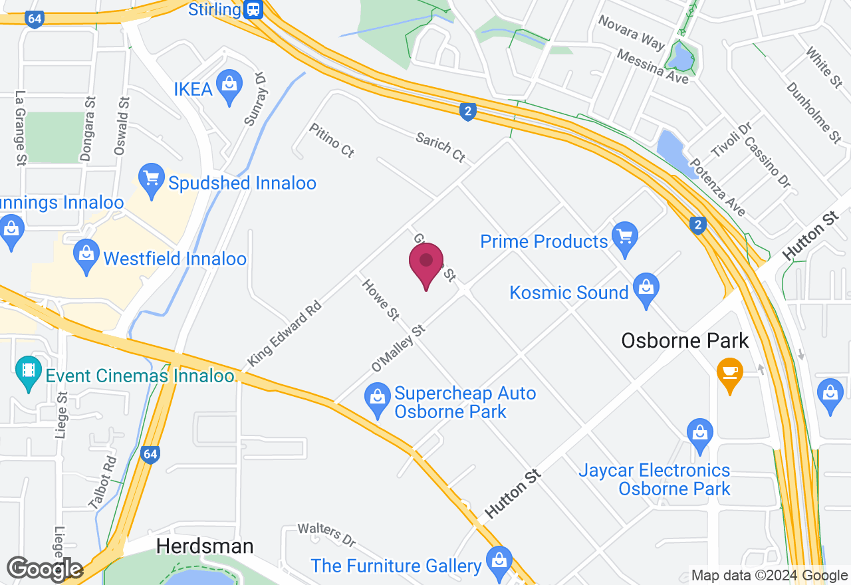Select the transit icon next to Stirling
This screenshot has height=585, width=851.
click(253, 9)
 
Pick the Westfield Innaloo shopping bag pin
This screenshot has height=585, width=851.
click(86, 255)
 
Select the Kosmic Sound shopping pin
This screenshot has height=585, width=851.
click(645, 289)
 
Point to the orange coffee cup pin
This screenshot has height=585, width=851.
click(729, 373)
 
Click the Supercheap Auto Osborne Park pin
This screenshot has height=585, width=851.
click(378, 398)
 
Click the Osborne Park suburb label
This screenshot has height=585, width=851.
click(685, 341)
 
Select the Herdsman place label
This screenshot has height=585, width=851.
click(205, 546)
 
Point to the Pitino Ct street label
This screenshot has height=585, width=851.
click(331, 140)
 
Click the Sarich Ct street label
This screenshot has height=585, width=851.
click(441, 147)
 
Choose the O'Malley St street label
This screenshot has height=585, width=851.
click(398, 348)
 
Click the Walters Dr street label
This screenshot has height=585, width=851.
click(326, 533)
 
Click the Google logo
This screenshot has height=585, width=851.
click(45, 569)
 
